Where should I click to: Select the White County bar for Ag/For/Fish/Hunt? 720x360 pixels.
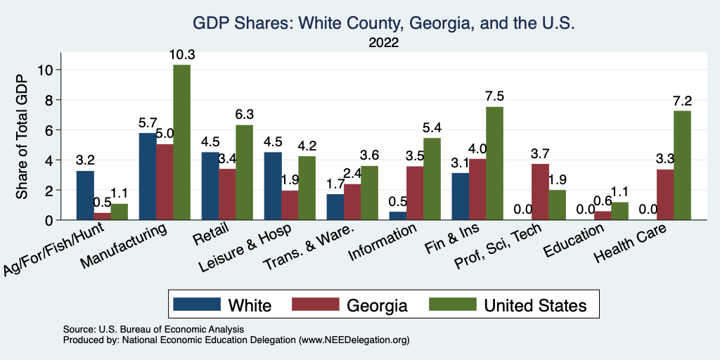click(86, 195)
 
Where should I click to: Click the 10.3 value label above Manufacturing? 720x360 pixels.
click(182, 53)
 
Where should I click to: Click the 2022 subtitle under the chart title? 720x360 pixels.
click(383, 44)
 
